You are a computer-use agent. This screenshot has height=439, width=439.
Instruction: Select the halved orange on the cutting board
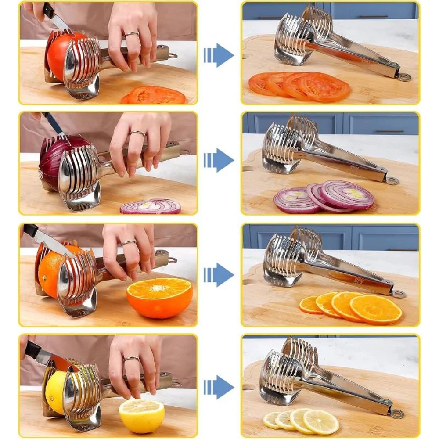(x=159, y=298)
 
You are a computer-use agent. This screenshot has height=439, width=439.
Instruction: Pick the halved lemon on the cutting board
(x=141, y=415)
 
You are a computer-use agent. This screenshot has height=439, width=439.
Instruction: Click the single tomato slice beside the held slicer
(x=153, y=95)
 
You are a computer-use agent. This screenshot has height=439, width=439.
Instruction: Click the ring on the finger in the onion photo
(x=138, y=133)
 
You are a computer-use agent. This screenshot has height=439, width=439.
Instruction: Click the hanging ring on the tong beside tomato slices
(x=404, y=77)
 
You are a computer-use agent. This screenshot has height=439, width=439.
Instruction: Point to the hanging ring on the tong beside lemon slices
(x=397, y=414)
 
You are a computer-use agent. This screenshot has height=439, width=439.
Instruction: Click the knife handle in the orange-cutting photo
(x=31, y=230)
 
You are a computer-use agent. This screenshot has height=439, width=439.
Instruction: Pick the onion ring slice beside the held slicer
(x=151, y=206)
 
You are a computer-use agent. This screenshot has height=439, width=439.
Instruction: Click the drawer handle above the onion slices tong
(x=378, y=131)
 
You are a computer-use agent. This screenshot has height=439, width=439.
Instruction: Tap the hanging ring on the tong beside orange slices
(x=399, y=294)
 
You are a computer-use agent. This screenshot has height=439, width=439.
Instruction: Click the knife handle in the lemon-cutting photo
(x=32, y=349)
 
